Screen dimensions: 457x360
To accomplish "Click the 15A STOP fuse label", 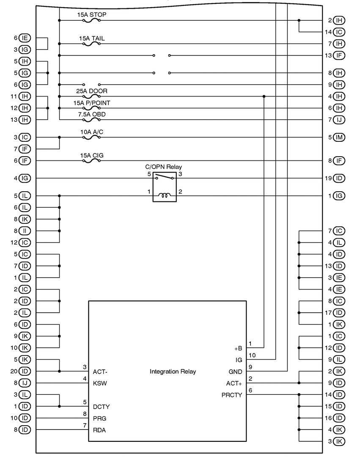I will [91, 14].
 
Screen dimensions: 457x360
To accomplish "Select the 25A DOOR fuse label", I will [91, 91].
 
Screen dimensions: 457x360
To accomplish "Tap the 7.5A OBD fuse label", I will [91, 114].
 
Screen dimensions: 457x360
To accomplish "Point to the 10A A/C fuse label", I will [91, 132].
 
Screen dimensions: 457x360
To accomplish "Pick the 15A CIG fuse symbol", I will [91, 161].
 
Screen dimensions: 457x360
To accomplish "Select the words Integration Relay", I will [173, 372].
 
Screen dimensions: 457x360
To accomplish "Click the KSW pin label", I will [99, 383].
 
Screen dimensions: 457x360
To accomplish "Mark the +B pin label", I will [238, 348].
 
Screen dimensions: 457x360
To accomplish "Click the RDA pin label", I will [99, 430].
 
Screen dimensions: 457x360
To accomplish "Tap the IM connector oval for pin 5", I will [339, 137].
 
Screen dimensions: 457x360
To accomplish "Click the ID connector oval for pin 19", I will [339, 178].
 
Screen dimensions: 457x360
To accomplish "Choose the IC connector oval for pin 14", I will [339, 32].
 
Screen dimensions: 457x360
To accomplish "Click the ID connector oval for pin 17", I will [339, 313].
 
